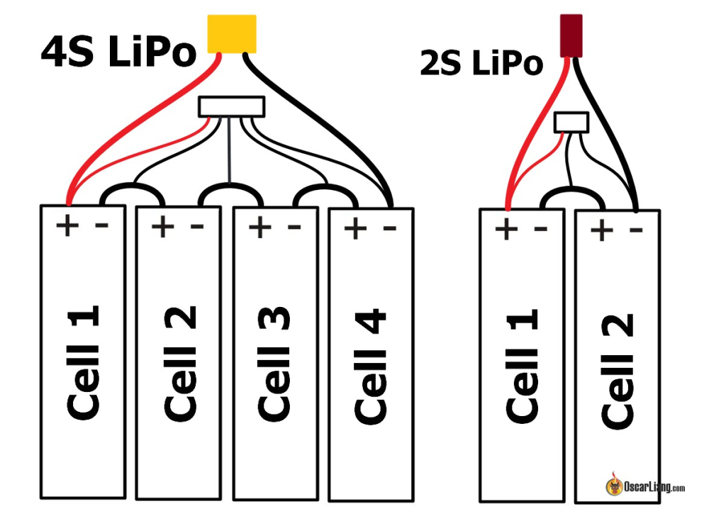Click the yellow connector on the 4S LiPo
coord(231,33)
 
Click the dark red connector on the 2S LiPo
coord(571,35)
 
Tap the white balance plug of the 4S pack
coord(232,107)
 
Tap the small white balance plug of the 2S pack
coord(571,122)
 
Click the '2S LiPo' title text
coord(481,63)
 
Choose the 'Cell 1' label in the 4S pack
coord(83,362)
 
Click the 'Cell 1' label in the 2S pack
coord(523,366)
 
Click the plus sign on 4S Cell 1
coord(67,226)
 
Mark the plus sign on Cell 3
coord(259,227)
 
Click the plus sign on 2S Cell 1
coord(506,230)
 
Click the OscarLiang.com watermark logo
coord(645,487)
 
